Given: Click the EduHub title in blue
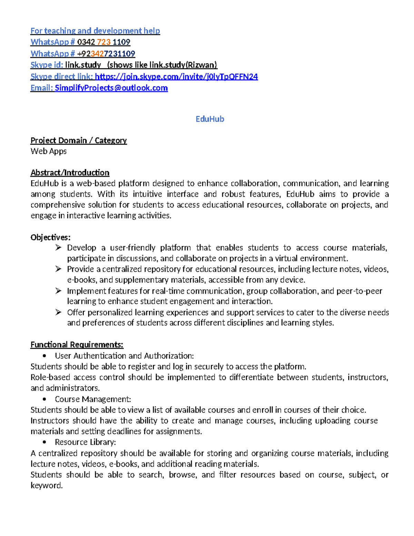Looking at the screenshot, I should [210, 119].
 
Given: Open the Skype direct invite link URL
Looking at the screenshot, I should [176, 77].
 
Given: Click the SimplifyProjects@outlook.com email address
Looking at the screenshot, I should [111, 88].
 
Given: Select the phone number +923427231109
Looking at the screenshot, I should [106, 54].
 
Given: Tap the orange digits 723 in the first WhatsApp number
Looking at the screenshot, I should [104, 42].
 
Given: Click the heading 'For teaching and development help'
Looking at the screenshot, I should [95, 31].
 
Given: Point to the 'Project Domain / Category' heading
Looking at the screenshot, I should [79, 140].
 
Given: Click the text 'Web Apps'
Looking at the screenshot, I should [49, 151].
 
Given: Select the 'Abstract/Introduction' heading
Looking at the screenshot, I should [70, 173].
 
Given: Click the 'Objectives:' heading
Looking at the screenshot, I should [50, 237].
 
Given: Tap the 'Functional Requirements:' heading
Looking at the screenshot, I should [77, 345].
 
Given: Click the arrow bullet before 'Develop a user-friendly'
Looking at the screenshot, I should [58, 247].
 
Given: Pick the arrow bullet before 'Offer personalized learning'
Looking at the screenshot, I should [58, 312].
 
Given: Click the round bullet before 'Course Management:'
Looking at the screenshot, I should [44, 399].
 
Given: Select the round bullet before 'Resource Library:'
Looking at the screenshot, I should [44, 442].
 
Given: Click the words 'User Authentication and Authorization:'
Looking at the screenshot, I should [124, 356].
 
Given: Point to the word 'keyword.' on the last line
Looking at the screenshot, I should [47, 486].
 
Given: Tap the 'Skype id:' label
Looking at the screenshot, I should [47, 65].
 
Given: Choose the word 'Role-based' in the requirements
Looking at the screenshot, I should [50, 377].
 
